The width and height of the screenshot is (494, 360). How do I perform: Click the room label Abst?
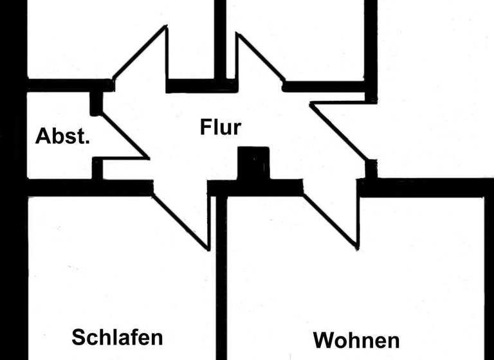tap(62, 136)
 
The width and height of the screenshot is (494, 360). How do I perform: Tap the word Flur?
tap(220, 127)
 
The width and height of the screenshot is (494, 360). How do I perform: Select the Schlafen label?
tap(117, 337)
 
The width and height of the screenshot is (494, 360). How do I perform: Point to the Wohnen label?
tap(356, 339)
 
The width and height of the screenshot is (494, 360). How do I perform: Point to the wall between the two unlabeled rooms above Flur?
tap(220, 39)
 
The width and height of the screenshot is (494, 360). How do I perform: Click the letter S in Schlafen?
tap(78, 337)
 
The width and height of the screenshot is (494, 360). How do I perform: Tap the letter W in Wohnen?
tap(324, 339)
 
